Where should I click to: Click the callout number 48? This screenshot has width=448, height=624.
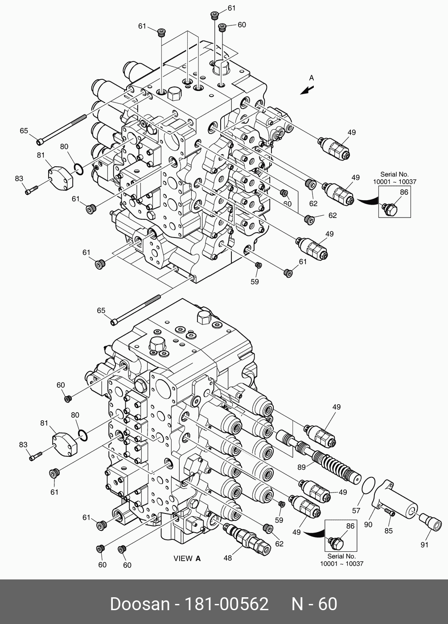[228, 558]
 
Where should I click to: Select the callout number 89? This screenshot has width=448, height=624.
[302, 467]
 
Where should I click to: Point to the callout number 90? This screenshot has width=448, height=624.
[368, 525]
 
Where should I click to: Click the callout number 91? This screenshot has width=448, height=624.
[424, 545]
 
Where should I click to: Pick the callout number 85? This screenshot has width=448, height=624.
[389, 531]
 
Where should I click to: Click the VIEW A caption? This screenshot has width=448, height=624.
[187, 558]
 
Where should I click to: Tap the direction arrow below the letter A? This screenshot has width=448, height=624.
[306, 90]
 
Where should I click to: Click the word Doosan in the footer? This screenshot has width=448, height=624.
[140, 604]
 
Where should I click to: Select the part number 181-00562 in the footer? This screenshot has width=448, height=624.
[227, 604]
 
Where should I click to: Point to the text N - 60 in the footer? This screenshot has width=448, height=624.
[314, 604]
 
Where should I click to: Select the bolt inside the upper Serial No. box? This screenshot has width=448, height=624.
[390, 208]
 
